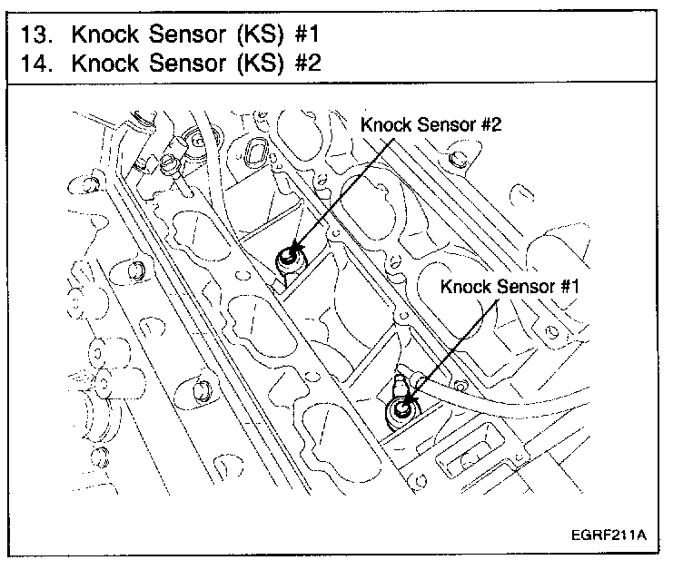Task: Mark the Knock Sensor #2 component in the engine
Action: (x=289, y=258)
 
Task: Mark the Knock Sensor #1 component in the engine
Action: (x=400, y=410)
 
